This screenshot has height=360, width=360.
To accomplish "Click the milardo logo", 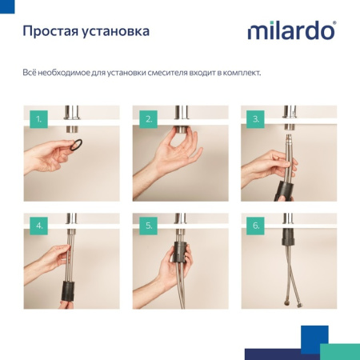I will [290, 31].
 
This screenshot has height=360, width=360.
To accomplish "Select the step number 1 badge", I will [38, 120].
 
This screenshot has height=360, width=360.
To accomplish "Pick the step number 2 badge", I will [147, 120].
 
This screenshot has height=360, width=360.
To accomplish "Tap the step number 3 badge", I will [255, 120].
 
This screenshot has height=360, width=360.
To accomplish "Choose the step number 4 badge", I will [38, 227].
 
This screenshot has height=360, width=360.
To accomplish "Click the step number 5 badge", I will [147, 227].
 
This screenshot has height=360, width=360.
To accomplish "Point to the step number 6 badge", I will [255, 227].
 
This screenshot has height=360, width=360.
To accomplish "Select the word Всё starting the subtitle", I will [30, 73].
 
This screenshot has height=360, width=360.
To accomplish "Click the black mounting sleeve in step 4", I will [68, 287].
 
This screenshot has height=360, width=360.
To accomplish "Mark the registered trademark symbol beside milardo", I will [334, 23].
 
